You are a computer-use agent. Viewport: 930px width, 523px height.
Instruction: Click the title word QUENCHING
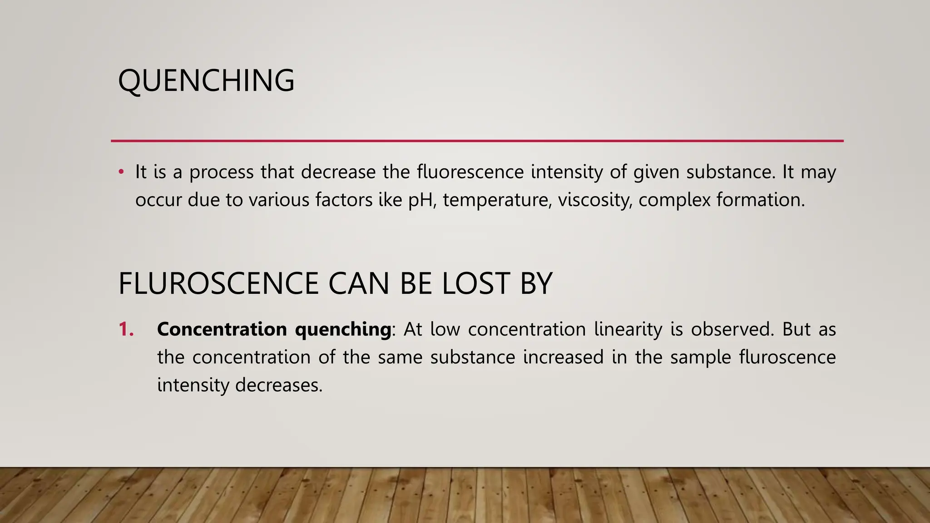[206, 80]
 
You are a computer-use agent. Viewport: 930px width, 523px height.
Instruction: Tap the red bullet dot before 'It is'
[121, 172]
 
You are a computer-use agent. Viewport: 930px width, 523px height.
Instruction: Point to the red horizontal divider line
[477, 141]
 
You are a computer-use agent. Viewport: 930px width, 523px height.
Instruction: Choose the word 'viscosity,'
[595, 200]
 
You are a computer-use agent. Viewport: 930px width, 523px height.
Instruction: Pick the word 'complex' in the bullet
[674, 200]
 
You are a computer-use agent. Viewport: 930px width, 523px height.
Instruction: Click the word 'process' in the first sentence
[222, 173]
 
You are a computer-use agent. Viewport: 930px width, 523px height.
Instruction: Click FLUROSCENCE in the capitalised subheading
[218, 284]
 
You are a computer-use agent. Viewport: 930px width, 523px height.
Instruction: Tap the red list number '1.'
[126, 329]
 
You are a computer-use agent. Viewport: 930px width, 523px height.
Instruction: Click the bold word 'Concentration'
[222, 329]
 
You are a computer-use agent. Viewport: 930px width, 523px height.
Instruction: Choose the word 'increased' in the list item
[563, 357]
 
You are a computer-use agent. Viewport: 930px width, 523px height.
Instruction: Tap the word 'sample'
[700, 358]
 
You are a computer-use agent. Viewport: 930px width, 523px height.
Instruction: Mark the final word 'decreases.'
[279, 385]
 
